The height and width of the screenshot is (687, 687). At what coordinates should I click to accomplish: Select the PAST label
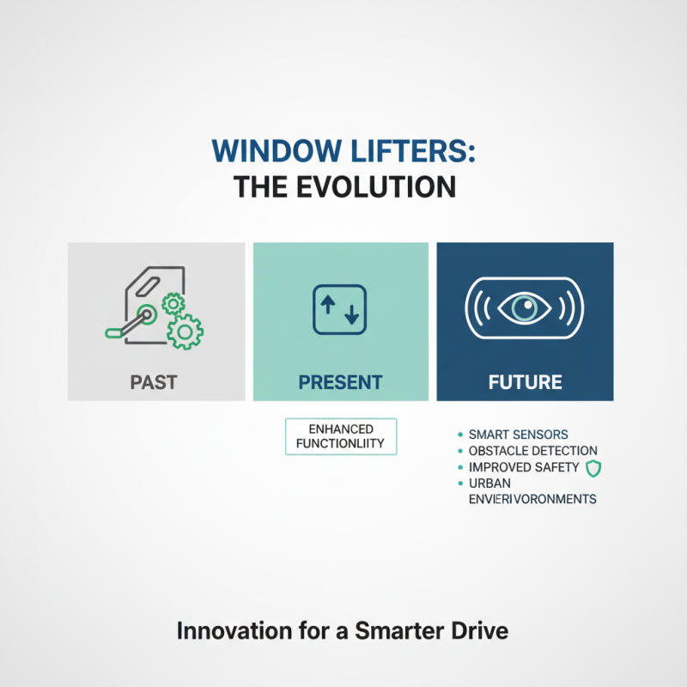(155, 381)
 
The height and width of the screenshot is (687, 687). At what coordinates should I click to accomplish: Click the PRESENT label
(340, 381)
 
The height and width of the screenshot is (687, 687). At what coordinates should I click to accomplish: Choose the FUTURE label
(525, 381)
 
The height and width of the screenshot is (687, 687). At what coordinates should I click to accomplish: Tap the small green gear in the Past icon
(173, 302)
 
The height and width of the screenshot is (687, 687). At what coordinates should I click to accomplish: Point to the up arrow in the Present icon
(328, 305)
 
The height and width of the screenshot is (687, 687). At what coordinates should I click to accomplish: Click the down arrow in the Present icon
(351, 314)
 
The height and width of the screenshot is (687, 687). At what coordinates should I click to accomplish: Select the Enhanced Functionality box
(340, 436)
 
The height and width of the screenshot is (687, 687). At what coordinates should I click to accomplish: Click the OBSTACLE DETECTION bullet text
(532, 451)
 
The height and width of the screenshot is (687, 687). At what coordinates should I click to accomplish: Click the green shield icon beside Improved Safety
(593, 468)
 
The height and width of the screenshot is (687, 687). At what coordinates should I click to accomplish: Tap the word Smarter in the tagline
(410, 631)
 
